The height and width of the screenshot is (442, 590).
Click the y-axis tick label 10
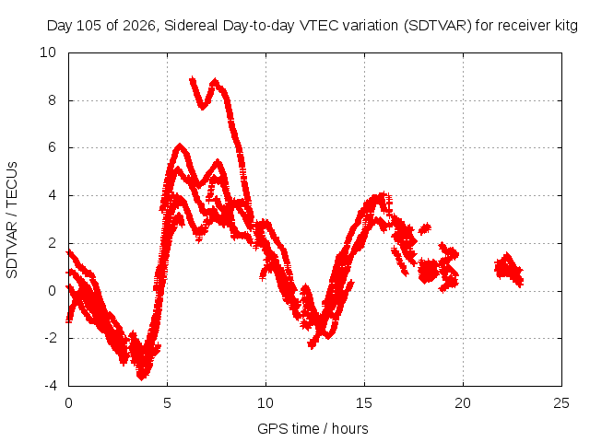click(48, 52)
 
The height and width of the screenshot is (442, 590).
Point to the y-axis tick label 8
click(52, 100)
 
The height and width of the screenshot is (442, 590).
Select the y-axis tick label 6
click(52, 147)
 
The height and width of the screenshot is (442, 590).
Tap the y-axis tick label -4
click(51, 386)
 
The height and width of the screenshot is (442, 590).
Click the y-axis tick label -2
click(51, 338)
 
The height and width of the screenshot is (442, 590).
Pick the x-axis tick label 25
click(561, 403)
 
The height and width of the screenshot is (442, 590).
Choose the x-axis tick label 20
click(463, 403)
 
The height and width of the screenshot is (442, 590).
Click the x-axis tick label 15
click(364, 403)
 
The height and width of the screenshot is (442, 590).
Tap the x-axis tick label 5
click(167, 403)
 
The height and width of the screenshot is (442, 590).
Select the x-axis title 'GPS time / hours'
click(313, 428)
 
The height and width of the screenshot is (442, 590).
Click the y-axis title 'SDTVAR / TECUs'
click(12, 220)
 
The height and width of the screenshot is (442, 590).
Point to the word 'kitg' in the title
click(566, 26)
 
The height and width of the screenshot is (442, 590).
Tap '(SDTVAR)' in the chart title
click(438, 26)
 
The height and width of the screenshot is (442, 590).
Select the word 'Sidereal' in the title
click(191, 26)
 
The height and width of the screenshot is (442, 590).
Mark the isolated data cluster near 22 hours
click(509, 270)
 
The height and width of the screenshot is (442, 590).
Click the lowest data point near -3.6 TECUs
click(142, 377)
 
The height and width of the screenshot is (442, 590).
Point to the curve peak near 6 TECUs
click(181, 145)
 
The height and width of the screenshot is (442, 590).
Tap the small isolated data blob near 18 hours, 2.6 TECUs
click(425, 228)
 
